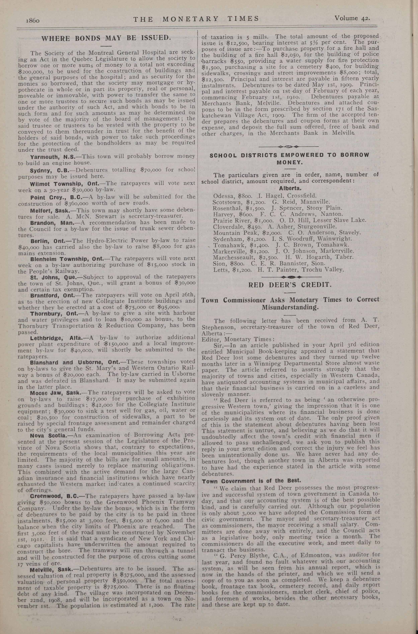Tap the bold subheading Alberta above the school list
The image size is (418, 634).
(x=290, y=188)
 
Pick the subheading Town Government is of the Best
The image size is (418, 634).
(x=251, y=481)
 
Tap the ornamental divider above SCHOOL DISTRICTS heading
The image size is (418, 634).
(x=289, y=147)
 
